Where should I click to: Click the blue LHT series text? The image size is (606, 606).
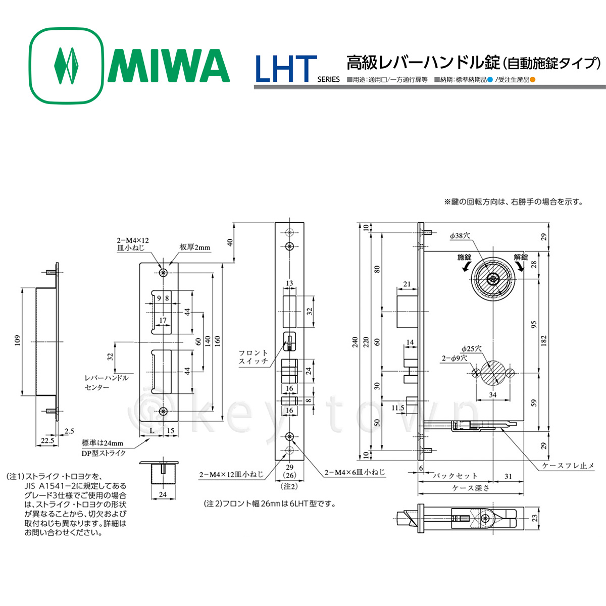[x=286, y=69]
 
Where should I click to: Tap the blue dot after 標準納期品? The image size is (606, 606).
[x=489, y=79]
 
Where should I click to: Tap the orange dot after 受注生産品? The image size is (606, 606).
[x=532, y=79]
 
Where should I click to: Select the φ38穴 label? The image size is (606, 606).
[x=460, y=236]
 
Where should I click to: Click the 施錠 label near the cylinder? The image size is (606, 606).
[x=464, y=257]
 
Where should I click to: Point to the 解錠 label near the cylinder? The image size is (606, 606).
[x=521, y=257]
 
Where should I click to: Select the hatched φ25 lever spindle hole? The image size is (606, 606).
[x=492, y=373]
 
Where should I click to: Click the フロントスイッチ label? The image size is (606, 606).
[x=254, y=357]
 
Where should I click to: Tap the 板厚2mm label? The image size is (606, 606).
[x=195, y=247]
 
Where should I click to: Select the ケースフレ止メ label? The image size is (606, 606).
[x=568, y=466]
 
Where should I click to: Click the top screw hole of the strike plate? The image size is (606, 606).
[x=163, y=273]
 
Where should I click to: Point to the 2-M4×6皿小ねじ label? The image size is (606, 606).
[x=355, y=473]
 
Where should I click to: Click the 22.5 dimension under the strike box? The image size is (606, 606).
[x=47, y=440]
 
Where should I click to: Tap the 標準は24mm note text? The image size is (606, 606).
[x=103, y=443]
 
